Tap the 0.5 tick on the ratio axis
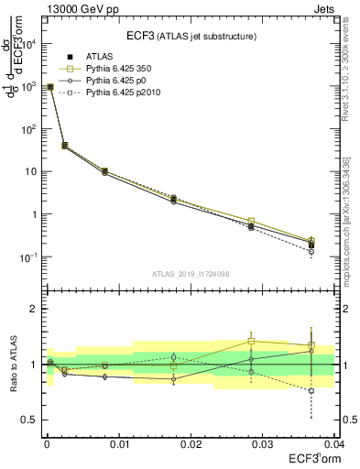point(29,420)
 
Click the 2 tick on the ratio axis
point(33,310)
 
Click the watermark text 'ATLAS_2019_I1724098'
point(191,274)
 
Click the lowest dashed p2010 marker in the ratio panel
point(311,390)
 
